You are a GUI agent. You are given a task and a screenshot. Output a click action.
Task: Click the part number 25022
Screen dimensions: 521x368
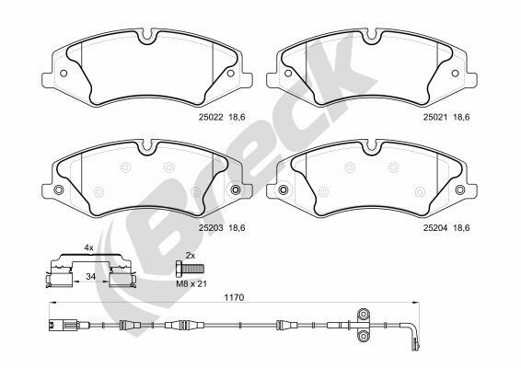click(211, 117)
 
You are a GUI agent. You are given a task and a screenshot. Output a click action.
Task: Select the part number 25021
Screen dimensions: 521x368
click(435, 117)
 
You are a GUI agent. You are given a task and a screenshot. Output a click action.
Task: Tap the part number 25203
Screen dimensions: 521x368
click(211, 228)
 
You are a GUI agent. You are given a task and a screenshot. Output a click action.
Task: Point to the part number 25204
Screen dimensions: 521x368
click(435, 228)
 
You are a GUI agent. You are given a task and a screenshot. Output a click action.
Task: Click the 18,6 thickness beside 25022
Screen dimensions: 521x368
click(237, 117)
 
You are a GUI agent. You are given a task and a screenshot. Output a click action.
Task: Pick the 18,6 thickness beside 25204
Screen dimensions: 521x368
click(461, 228)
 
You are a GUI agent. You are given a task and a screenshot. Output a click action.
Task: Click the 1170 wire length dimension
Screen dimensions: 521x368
click(234, 297)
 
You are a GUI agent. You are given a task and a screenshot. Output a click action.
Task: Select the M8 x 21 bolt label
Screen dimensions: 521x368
click(191, 284)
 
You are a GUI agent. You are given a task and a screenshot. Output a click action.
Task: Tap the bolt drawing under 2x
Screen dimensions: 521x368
click(190, 268)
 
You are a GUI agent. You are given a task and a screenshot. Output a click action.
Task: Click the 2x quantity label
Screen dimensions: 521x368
click(191, 256)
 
